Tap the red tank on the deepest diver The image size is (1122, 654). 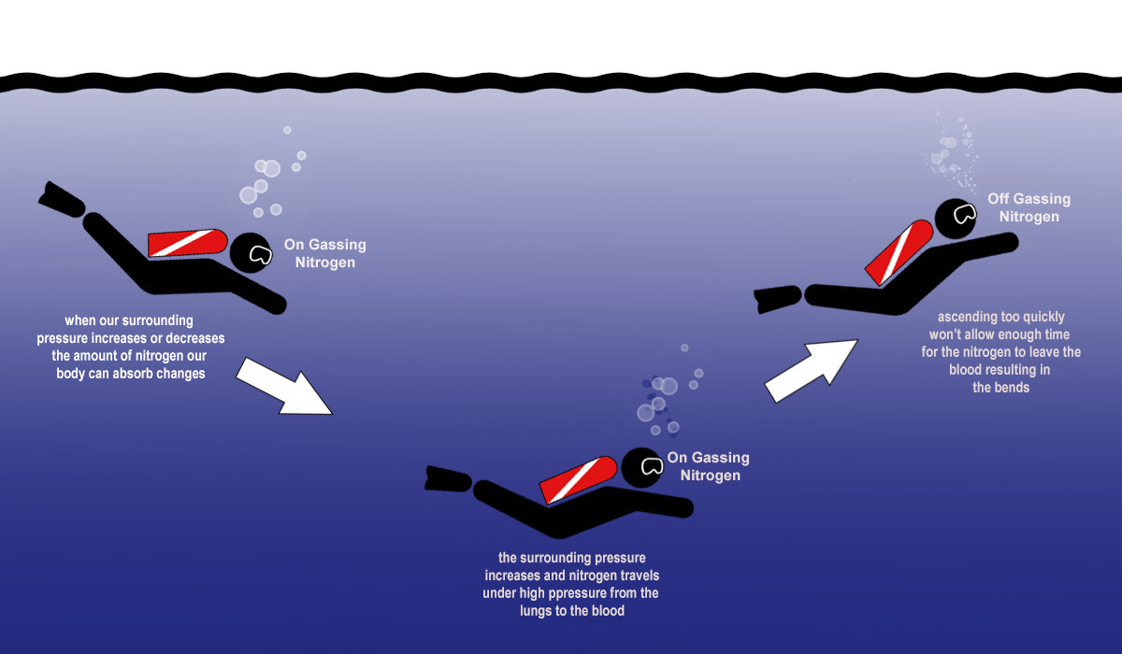point(578,477)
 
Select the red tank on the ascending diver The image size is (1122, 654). point(899,251)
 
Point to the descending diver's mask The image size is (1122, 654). point(259,254)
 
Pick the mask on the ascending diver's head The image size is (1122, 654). point(962,215)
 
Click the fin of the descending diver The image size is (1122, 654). point(62,198)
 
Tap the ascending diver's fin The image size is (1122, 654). point(777,299)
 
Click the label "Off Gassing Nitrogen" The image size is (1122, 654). point(1028,207)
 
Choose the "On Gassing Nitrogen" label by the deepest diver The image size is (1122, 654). point(710,466)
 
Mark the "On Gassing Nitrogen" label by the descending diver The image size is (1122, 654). point(324,253)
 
